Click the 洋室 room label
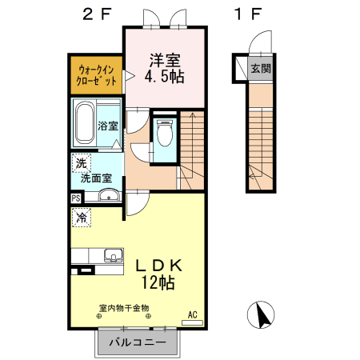click(164, 60)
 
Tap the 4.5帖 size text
click(164, 78)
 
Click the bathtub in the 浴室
click(85, 123)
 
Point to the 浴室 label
click(108, 126)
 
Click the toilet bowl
click(166, 133)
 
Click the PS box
click(76, 198)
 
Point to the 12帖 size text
click(159, 282)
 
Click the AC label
click(192, 314)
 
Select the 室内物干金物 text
click(124, 308)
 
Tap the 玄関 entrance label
click(260, 69)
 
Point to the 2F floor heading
click(98, 13)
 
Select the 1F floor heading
click(248, 13)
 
